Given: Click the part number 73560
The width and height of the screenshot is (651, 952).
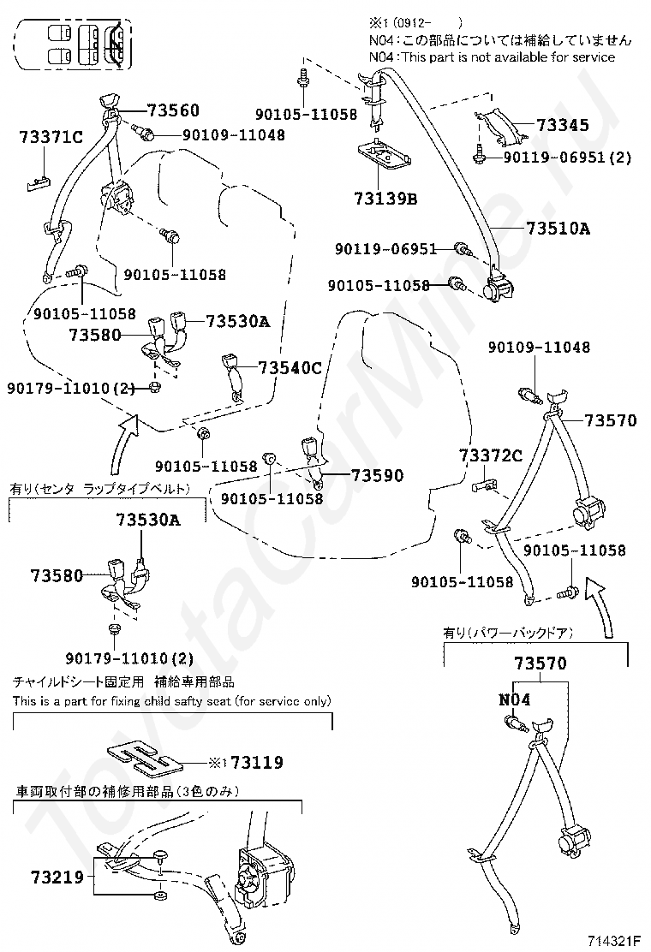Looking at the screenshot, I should [172, 110].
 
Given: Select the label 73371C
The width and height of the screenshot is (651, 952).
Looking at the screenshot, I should [51, 137].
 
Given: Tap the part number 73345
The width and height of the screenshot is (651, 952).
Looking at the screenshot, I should [563, 125].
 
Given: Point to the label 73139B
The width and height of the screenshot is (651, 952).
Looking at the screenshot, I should [385, 199].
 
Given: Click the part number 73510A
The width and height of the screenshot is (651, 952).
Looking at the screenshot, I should [558, 229].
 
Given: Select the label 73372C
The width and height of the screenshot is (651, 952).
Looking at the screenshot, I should [490, 455].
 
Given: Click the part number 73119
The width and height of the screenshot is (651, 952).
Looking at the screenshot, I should [257, 762].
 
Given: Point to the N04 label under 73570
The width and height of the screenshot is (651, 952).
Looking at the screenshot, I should [514, 699].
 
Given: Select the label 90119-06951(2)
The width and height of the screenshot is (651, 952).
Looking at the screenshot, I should [567, 158].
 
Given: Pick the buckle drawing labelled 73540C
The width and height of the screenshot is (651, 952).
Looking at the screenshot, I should [233, 372].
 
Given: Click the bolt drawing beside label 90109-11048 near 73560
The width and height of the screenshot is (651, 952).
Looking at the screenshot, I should [143, 131].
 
